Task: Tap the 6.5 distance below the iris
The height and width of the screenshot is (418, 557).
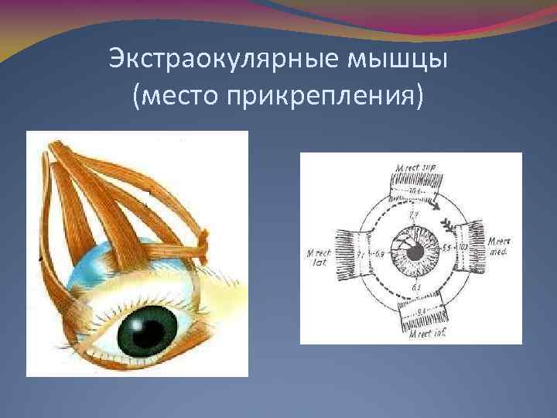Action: (x=416, y=288)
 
